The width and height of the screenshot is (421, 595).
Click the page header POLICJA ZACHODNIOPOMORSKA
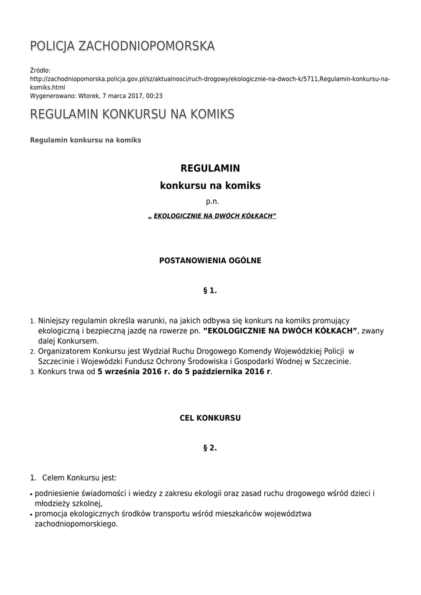click(x=123, y=46)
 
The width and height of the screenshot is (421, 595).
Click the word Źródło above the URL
click(x=40, y=70)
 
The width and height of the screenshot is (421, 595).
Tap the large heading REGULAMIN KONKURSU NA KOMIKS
click(x=132, y=114)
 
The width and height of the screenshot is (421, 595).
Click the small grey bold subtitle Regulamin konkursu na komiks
click(x=85, y=141)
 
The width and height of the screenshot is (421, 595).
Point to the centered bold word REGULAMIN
click(x=210, y=169)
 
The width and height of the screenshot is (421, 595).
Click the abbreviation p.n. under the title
click(x=210, y=202)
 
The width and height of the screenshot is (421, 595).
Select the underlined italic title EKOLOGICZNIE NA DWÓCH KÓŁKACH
click(x=213, y=216)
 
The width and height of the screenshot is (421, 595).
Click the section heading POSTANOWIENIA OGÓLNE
click(x=210, y=260)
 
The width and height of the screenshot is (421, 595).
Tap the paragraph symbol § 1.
click(x=210, y=290)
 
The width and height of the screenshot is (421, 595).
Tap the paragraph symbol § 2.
click(x=210, y=447)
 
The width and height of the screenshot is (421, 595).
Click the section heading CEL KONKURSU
click(x=210, y=418)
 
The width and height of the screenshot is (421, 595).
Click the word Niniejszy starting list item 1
click(x=53, y=321)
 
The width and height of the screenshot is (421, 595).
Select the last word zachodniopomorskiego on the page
click(x=76, y=524)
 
